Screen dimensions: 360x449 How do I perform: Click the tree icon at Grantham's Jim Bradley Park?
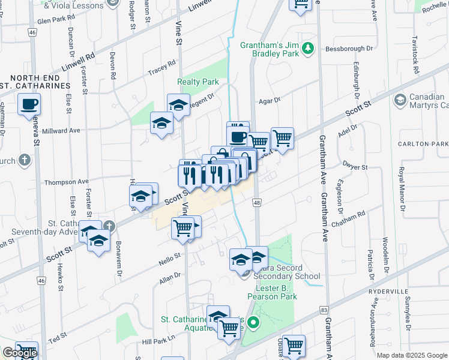pyautogui.click(x=309, y=47)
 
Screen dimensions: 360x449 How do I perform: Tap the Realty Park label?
pyautogui.click(x=197, y=82)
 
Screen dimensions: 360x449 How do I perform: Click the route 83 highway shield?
pyautogui.click(x=324, y=310)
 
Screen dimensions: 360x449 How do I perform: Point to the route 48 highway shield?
pyautogui.click(x=256, y=204)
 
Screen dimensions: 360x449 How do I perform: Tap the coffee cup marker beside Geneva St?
pyautogui.click(x=29, y=106)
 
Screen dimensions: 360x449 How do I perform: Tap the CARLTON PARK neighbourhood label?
pyautogui.click(x=430, y=144)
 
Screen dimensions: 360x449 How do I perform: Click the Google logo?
pyautogui.click(x=20, y=353)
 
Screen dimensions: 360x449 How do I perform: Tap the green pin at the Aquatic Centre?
pyautogui.click(x=253, y=324)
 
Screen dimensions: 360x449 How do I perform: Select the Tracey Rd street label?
pyautogui.click(x=161, y=68)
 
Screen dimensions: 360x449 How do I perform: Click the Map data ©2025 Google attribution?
pyautogui.click(x=411, y=355)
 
